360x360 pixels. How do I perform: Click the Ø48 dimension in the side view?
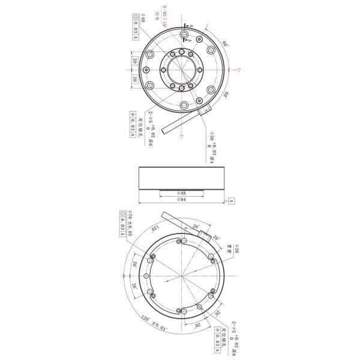(181, 194)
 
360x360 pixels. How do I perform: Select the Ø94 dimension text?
(181, 199)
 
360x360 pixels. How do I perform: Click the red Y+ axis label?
(238, 70)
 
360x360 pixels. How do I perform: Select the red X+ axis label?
(181, 137)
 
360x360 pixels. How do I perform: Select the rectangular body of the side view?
(181, 178)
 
